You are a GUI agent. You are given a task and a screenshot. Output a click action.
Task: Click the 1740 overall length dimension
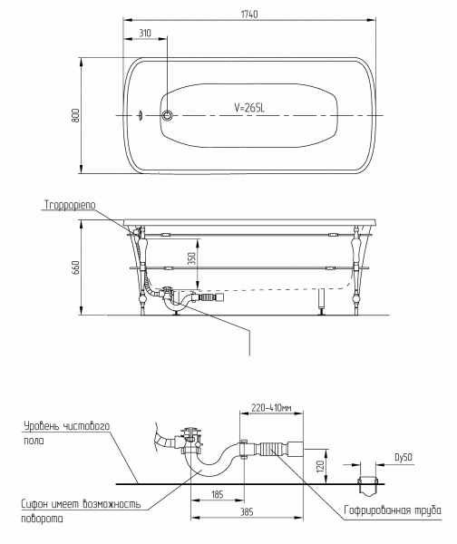tap(249, 15)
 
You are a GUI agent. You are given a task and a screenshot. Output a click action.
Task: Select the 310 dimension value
tap(145, 33)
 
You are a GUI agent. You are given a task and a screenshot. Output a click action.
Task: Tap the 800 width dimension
tap(75, 115)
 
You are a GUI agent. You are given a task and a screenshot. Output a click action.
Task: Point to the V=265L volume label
tap(249, 108)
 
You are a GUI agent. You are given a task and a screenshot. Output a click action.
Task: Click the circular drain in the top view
tap(167, 115)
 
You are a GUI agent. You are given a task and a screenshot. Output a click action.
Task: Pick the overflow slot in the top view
tap(141, 115)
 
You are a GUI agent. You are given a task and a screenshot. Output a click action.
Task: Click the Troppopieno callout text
tap(70, 205)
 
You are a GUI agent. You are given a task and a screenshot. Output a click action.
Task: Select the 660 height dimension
tap(75, 267)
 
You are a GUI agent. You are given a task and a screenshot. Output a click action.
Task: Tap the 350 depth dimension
tap(191, 258)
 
